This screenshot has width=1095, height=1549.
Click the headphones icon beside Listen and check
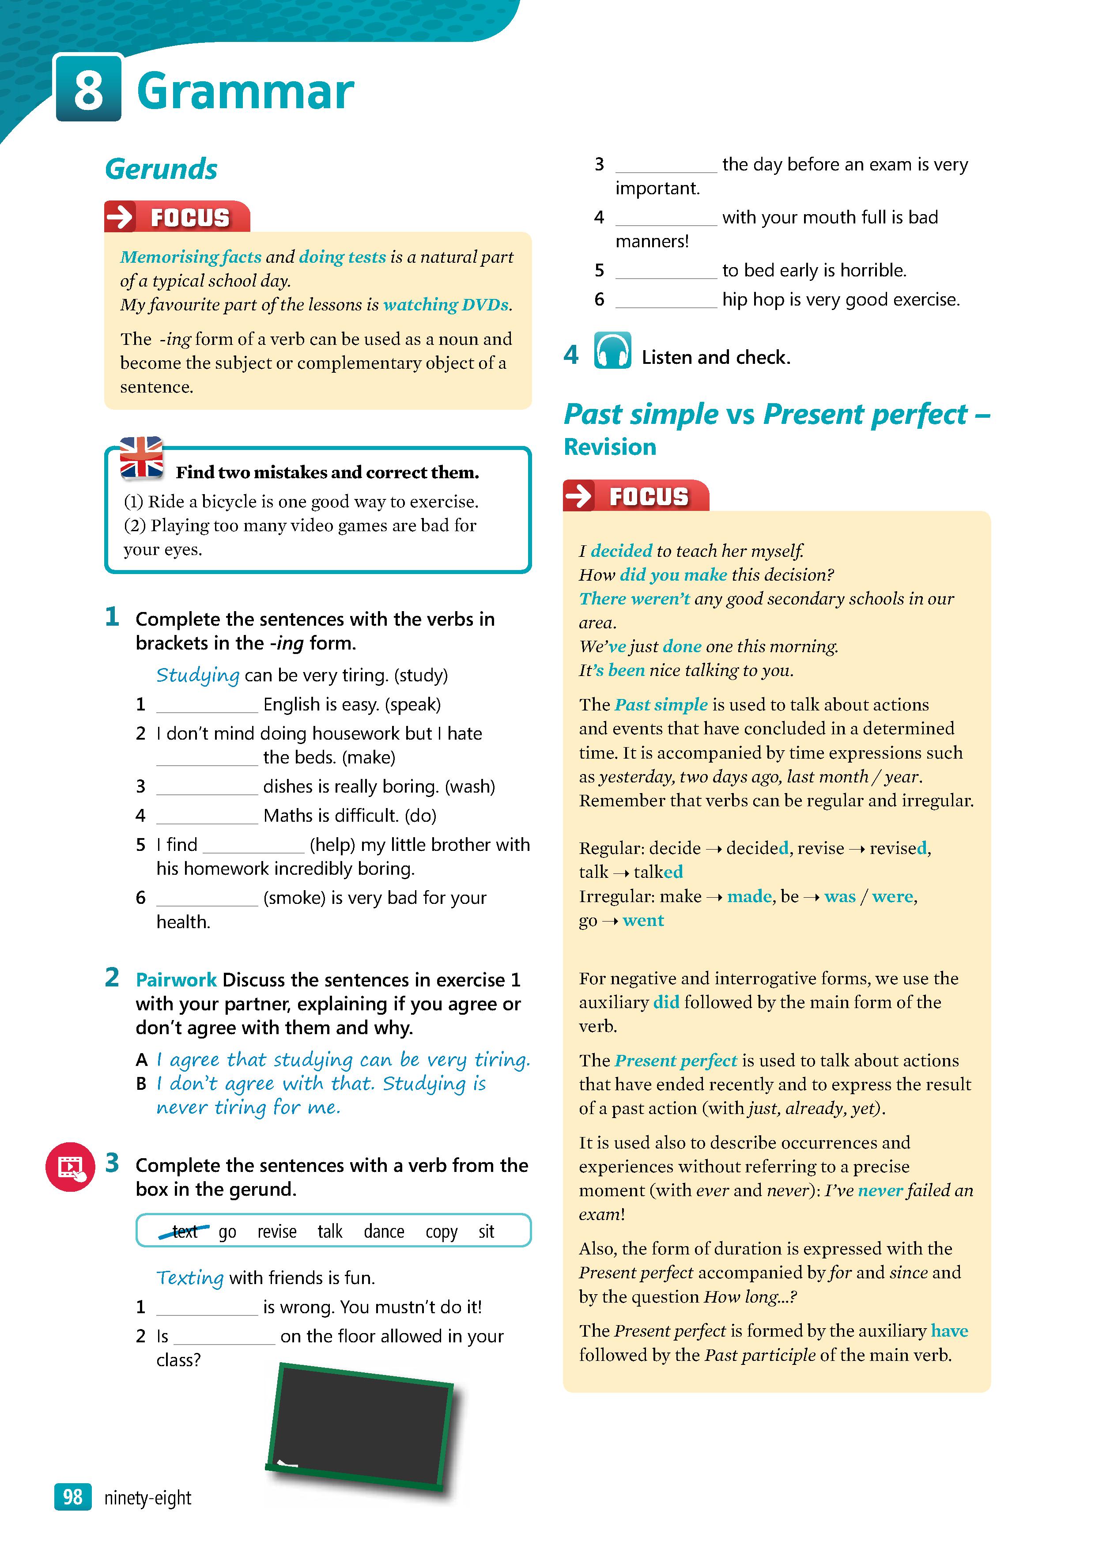(x=612, y=351)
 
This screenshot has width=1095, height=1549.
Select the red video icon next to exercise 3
(x=70, y=1167)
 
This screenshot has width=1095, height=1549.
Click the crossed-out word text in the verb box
(x=184, y=1231)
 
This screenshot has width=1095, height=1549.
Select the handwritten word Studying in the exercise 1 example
(x=198, y=675)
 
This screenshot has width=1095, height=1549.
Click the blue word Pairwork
(x=176, y=979)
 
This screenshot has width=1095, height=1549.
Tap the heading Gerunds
(x=161, y=169)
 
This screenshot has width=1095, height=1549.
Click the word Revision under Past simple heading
(x=609, y=446)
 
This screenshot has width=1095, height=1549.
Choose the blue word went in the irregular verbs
(x=643, y=920)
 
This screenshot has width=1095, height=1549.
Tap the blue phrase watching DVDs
(x=446, y=305)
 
